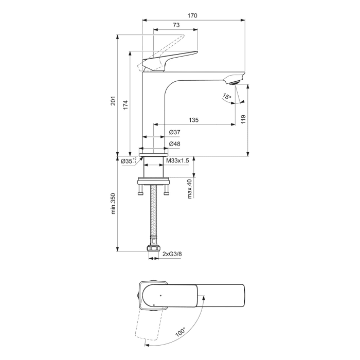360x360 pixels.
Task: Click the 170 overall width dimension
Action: coord(192,16)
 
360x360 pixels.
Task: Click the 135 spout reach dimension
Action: coord(193,120)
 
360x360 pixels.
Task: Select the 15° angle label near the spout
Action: coord(227,97)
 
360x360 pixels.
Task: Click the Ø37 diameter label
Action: coord(175,132)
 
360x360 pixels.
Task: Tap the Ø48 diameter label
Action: coord(175,144)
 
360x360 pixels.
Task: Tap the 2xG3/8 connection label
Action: coord(172,254)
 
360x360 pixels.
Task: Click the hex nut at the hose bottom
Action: coord(153,249)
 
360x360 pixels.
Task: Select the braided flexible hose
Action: coord(153,216)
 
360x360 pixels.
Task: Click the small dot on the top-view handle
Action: coord(160,296)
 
